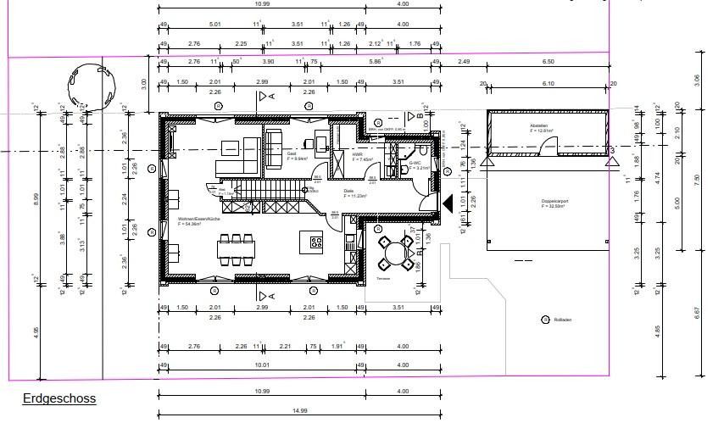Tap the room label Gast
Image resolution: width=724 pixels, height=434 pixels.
(x=292, y=153)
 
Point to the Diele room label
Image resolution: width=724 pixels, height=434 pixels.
(x=349, y=192)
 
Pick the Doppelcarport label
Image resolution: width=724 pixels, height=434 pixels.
(x=554, y=201)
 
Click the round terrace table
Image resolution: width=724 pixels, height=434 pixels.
(x=392, y=252)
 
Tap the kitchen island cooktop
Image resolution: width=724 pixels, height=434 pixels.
(x=316, y=242)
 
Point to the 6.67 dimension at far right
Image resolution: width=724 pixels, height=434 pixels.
(x=697, y=312)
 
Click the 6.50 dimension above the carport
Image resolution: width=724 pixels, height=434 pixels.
(x=548, y=62)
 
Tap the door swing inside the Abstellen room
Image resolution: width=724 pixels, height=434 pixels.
(x=550, y=149)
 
